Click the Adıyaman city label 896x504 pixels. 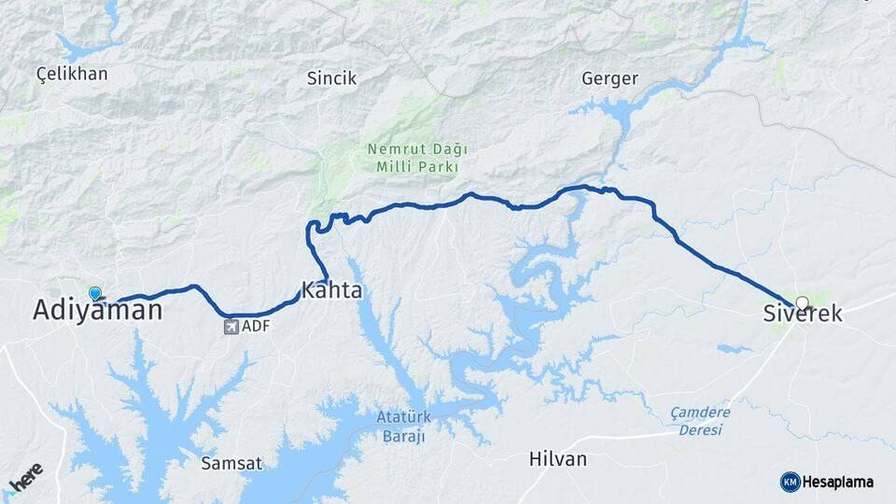coord(97,310)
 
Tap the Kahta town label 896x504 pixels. coord(331,290)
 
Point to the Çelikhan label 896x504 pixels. coord(72,74)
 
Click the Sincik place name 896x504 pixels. coord(331,78)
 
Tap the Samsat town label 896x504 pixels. coord(231,463)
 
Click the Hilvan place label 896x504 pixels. coord(557,459)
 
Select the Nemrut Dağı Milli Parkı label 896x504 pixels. coord(415,158)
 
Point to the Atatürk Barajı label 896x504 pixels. coord(402,427)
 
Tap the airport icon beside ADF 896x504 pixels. coord(231,327)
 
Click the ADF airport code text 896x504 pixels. coord(255,327)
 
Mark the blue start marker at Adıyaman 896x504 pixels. coord(94,293)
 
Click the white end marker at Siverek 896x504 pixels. coord(802,302)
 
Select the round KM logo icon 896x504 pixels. coord(790,482)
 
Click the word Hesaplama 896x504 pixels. coord(838,482)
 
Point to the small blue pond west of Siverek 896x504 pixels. coord(734,349)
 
